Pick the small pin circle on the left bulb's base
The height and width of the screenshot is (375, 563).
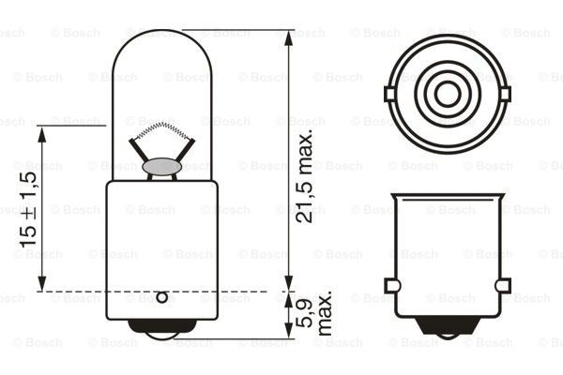161,298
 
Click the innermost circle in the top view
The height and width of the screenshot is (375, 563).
448,93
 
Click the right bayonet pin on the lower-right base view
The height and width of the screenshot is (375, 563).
502,285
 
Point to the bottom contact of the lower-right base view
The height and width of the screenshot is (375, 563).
448,328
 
